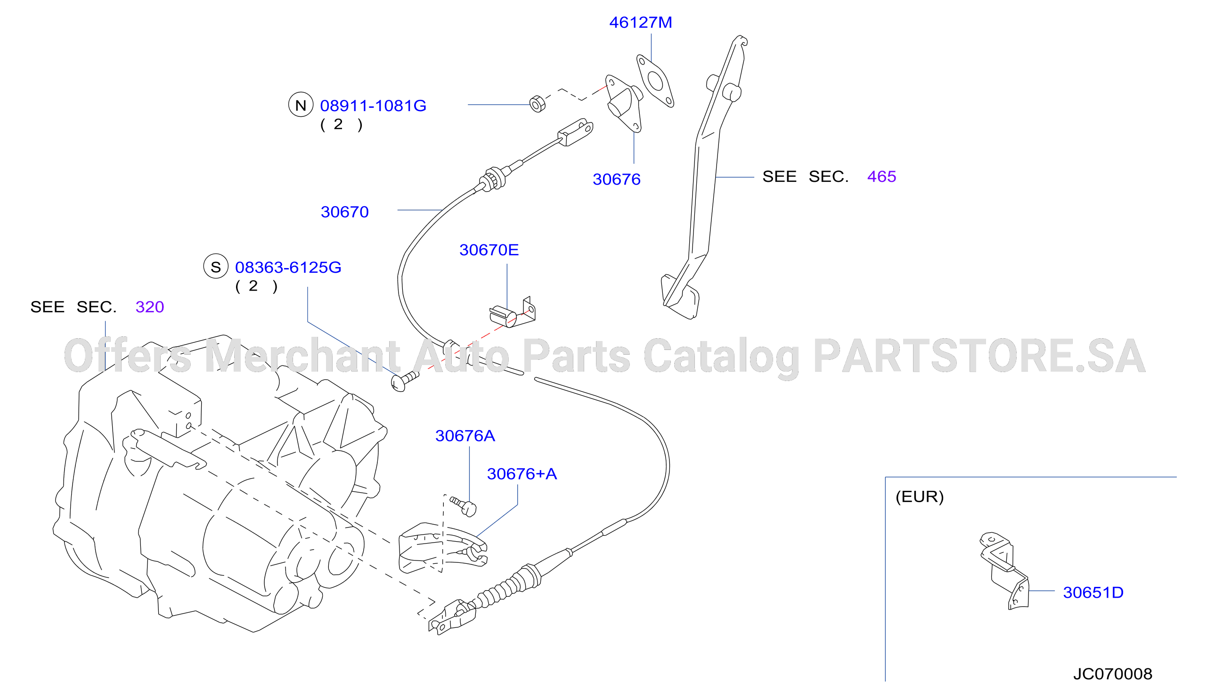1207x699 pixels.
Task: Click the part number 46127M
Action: [640, 23]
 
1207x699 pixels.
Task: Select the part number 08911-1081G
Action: [373, 106]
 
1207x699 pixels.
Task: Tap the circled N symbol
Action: [301, 105]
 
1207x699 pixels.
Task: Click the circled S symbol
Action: [216, 266]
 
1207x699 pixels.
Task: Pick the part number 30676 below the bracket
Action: [616, 179]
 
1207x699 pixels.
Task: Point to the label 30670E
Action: [489, 250]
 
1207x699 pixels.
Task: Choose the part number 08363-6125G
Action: [288, 267]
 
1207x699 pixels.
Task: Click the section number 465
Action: [881, 176]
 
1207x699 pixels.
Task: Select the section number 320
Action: [149, 307]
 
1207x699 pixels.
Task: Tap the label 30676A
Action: [465, 436]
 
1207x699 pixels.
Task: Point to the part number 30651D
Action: [1093, 592]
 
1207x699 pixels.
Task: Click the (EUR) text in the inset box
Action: [920, 496]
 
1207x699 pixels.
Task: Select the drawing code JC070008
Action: [1113, 674]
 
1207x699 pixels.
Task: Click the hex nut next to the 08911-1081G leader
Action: [538, 104]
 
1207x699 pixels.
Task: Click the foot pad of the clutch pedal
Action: [680, 297]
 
